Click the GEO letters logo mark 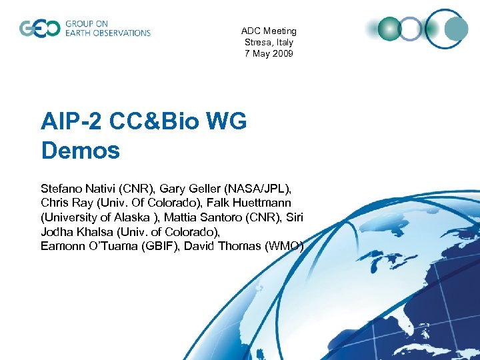click(x=39, y=29)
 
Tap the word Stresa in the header click(x=257, y=42)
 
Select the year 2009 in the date click(x=282, y=53)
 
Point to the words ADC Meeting click(x=269, y=31)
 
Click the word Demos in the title click(x=81, y=151)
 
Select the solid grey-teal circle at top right click(x=457, y=29)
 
